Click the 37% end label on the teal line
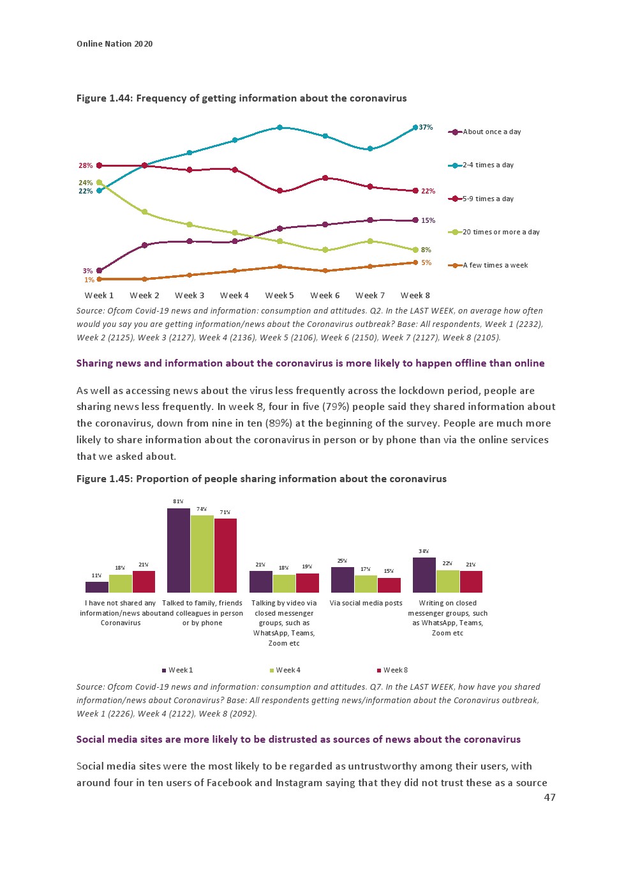point(426,128)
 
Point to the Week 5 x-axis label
point(279,296)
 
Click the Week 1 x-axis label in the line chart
point(99,296)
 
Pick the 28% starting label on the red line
point(86,166)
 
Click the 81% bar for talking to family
point(179,551)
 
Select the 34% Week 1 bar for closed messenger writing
point(424,575)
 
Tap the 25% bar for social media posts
point(343,580)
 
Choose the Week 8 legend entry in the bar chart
point(395,671)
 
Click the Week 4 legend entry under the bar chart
point(288,671)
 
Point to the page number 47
point(549,797)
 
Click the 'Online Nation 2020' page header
point(115,44)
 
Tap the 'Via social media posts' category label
point(366,604)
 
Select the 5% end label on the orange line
point(426,262)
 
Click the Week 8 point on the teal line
point(415,128)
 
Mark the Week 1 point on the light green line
point(99,183)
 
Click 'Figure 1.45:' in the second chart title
point(105,479)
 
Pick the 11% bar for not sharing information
point(97,587)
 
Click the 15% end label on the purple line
point(428,221)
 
